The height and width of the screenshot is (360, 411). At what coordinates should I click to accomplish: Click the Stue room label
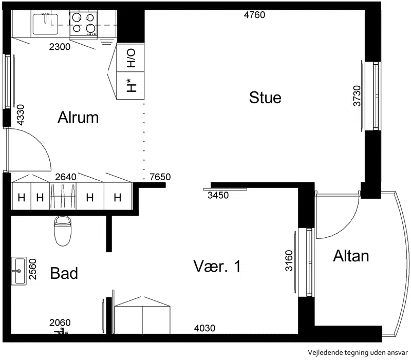(265, 98)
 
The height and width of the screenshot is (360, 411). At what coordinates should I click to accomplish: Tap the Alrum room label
(78, 118)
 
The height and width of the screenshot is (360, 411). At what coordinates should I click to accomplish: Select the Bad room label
(64, 273)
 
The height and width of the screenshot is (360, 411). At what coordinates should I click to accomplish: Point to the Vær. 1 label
(217, 266)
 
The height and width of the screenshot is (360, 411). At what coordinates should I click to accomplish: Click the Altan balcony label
(351, 256)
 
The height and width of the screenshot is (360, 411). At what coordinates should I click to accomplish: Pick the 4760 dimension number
(254, 15)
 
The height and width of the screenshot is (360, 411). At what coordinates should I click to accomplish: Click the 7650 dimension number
(160, 177)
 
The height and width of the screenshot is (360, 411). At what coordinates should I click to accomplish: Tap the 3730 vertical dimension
(357, 96)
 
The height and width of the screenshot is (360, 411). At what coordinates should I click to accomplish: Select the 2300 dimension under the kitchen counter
(60, 47)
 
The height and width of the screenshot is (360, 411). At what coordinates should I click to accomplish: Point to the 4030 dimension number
(204, 328)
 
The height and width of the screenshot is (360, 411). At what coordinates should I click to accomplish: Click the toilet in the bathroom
(63, 231)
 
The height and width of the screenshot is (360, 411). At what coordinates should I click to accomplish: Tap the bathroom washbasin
(19, 271)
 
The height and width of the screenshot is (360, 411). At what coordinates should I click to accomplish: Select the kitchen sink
(45, 24)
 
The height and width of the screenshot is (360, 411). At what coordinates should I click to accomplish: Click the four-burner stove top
(83, 24)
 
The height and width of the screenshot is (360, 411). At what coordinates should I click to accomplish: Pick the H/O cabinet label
(131, 58)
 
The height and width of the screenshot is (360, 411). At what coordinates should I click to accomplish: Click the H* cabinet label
(132, 85)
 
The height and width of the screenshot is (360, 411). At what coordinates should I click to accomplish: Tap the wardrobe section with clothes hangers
(63, 196)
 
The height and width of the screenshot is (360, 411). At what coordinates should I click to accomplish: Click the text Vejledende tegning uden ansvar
(358, 353)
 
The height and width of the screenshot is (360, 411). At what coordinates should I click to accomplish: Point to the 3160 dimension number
(289, 260)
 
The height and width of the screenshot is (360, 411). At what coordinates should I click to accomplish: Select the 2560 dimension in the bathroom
(32, 269)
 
